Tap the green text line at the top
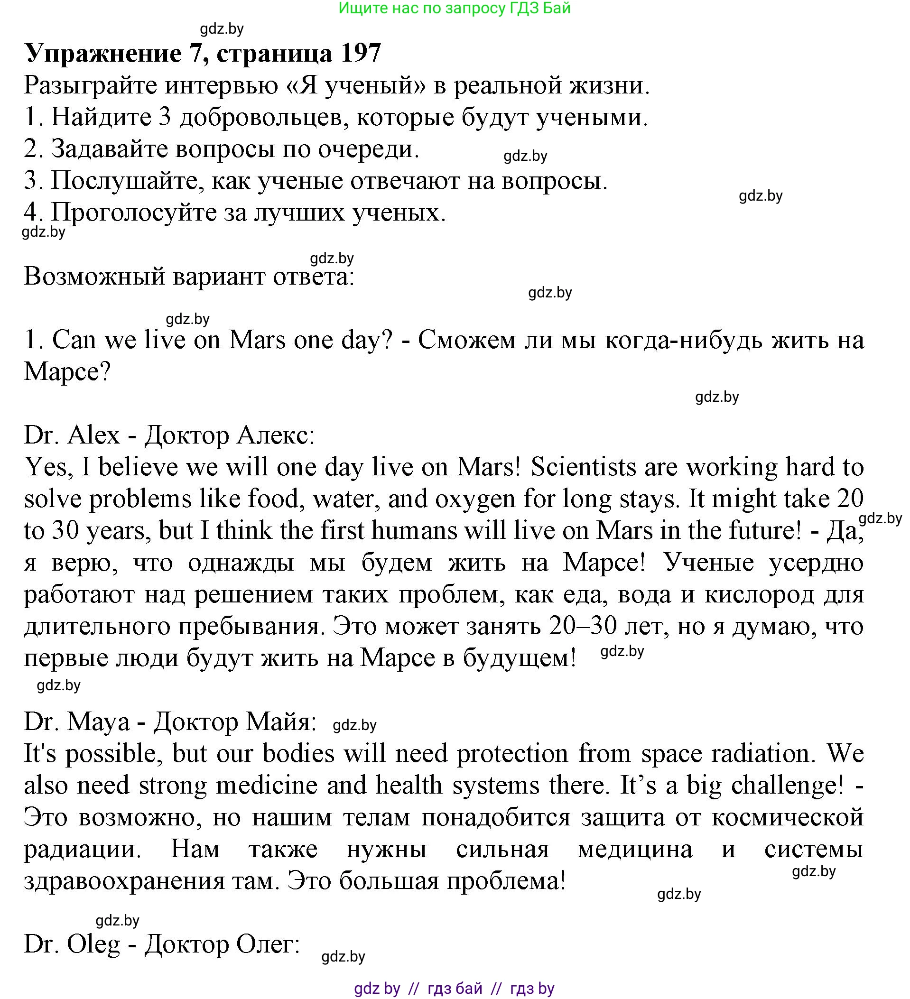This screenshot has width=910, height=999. tap(455, 8)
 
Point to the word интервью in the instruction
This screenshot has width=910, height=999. tap(221, 86)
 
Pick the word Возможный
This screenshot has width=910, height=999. tap(94, 277)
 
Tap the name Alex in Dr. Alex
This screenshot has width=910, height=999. tap(93, 435)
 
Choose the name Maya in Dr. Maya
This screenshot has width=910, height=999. tap(98, 721)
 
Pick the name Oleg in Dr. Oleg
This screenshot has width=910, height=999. tap(93, 944)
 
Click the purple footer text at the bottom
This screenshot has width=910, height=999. tap(454, 989)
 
